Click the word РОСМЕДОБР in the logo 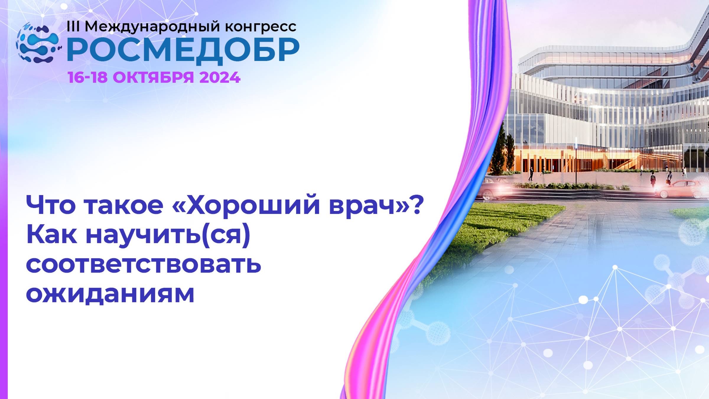click(x=183, y=50)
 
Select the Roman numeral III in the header click(x=73, y=27)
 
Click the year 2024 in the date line click(x=220, y=78)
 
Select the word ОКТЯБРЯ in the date click(x=153, y=78)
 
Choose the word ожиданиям click(x=110, y=294)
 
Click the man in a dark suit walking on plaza click(x=531, y=174)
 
